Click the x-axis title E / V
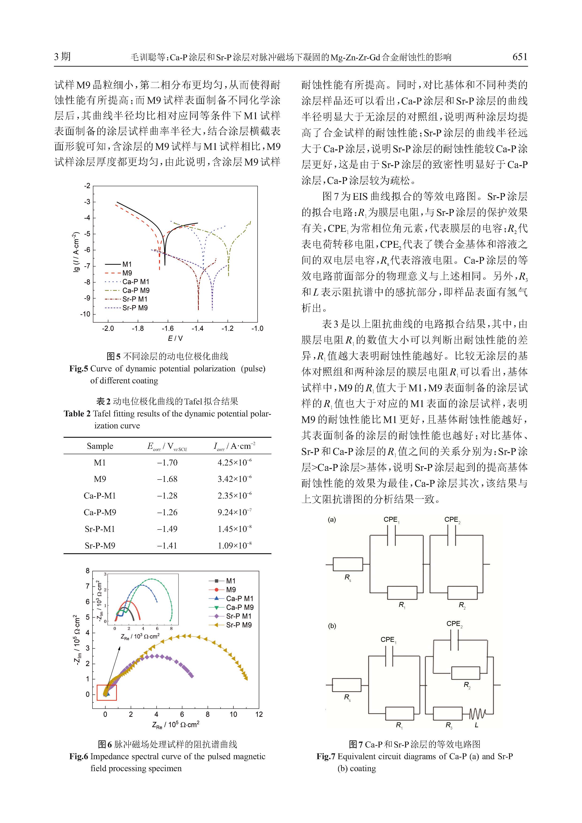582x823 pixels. pos(175,338)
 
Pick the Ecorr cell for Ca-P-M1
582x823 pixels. pos(167,496)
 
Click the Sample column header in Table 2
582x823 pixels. pos(100,446)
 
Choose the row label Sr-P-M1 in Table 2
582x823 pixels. pos(100,529)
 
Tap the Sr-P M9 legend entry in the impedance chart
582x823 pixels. pos(239,625)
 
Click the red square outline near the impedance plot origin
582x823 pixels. pos(107,693)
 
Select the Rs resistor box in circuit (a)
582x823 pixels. pos(348,564)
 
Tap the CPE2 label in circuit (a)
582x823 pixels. pos(452,520)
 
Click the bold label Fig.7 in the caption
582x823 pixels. pos(326,757)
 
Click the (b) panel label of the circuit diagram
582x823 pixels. pos(332,626)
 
